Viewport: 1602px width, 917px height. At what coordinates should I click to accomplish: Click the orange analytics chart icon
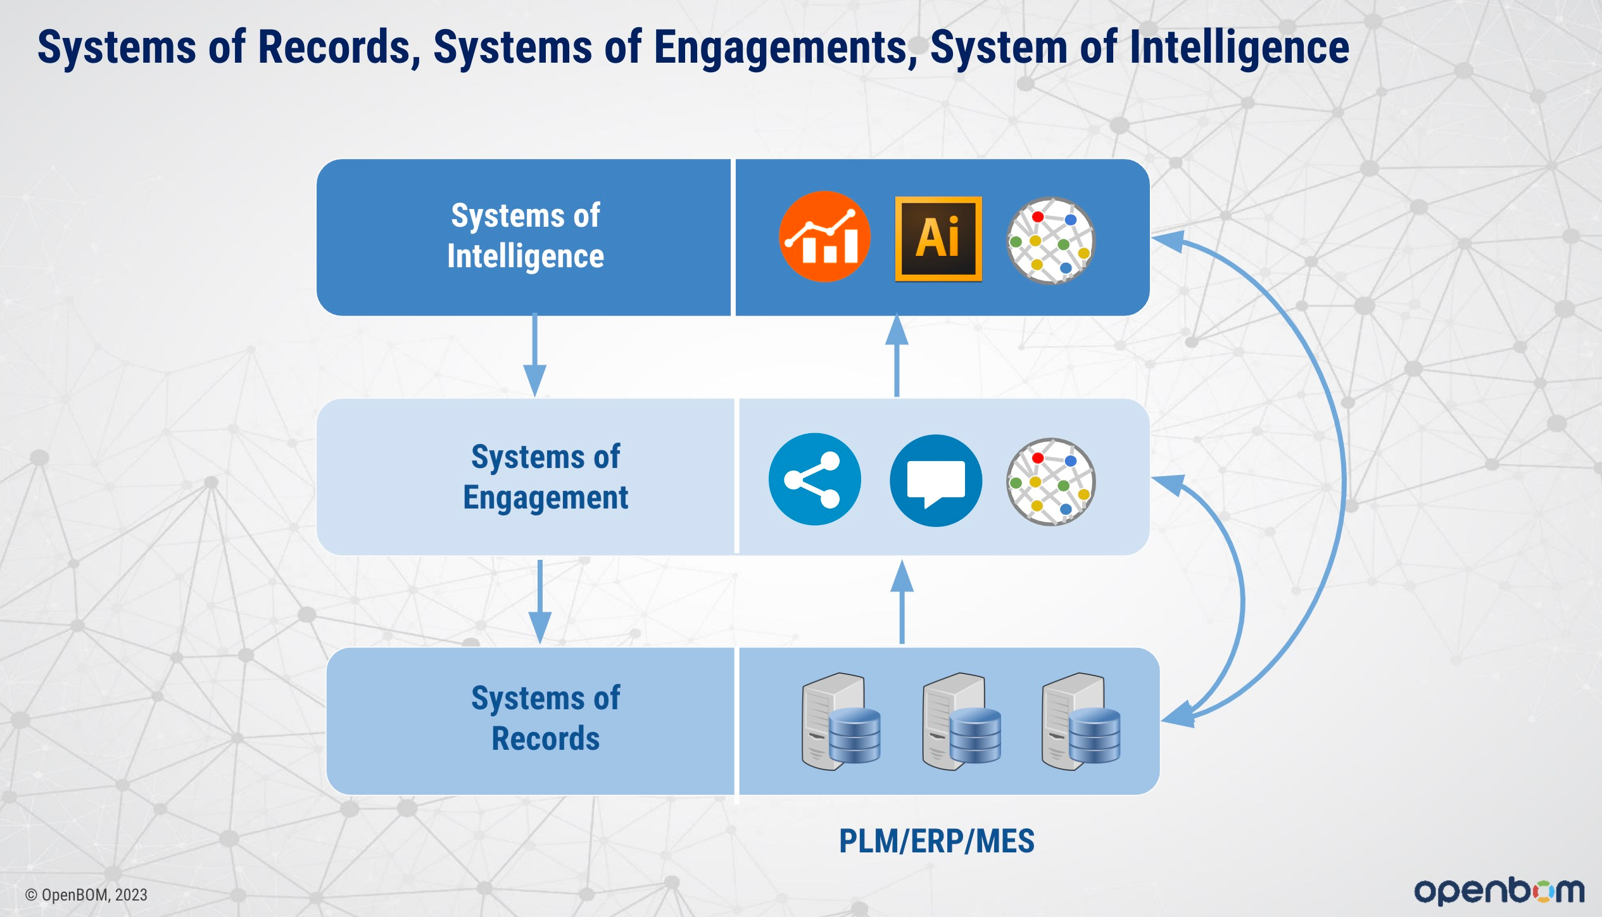pos(824,237)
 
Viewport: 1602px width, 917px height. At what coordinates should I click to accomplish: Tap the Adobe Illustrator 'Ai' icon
pos(938,239)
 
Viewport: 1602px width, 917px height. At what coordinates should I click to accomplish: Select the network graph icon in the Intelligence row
pos(1051,241)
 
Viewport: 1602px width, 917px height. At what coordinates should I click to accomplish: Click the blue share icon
pos(815,479)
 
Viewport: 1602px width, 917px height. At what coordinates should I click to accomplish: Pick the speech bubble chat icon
pos(936,481)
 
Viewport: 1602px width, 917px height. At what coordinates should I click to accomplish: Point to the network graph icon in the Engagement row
pos(1051,482)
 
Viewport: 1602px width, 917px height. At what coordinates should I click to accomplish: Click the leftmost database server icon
pos(841,721)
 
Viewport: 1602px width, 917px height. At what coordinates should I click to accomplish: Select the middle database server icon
pos(962,721)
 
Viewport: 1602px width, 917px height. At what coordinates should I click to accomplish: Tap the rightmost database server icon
pos(1081,721)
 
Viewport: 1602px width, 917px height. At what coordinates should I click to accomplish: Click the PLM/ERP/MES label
pos(937,842)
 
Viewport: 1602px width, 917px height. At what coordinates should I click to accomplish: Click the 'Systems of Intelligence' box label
pos(526,236)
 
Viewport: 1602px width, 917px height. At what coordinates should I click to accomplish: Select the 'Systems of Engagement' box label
pos(546,477)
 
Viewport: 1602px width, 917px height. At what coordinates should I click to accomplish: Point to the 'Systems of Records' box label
pos(546,719)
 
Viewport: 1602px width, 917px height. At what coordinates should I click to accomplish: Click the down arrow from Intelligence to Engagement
pos(535,355)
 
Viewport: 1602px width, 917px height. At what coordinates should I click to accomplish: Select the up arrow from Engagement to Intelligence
pos(897,355)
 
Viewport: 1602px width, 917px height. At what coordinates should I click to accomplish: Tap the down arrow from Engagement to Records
pos(540,602)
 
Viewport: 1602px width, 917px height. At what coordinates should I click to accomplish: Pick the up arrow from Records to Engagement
pos(902,602)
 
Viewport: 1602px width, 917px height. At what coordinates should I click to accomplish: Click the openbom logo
pos(1499,891)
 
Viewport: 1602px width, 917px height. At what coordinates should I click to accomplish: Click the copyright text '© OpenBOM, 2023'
pos(86,895)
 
